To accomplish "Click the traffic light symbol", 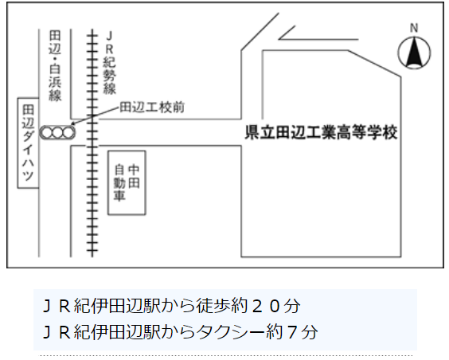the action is pos(57,132).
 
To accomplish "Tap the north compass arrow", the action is pos(414,53).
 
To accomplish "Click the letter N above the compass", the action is pos(414,28).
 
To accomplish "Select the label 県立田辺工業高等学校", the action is pos(321,132).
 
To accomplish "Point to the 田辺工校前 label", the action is pos(152,108).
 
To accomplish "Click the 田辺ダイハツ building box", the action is pos(28,143).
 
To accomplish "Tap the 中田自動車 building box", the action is pos(127,182).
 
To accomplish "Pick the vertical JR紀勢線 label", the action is pos(109,63).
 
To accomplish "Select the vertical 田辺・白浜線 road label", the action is pos(55,66).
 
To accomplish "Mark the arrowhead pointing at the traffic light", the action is pos(72,123).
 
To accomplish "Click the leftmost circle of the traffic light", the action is pos(46,132).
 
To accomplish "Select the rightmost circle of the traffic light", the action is pos(68,132).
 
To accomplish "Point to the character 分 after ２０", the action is pos(292,306).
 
